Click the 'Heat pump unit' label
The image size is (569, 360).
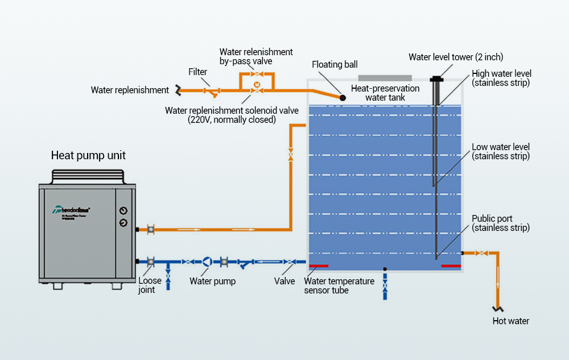[88, 155]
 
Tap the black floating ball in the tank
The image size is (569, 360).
[343, 98]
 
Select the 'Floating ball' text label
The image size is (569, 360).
[335, 65]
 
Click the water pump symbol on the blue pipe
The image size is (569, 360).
[207, 262]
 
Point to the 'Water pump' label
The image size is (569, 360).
[212, 281]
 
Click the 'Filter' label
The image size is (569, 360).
[198, 72]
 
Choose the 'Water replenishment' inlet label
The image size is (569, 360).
[130, 90]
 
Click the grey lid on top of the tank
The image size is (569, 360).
[385, 77]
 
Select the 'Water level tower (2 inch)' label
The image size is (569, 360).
[456, 57]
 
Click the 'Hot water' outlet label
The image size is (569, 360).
[510, 321]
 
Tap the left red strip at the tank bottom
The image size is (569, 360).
[318, 266]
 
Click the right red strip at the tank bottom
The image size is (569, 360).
[451, 266]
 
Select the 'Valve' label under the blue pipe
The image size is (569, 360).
[284, 281]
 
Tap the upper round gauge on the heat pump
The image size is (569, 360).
[123, 210]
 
